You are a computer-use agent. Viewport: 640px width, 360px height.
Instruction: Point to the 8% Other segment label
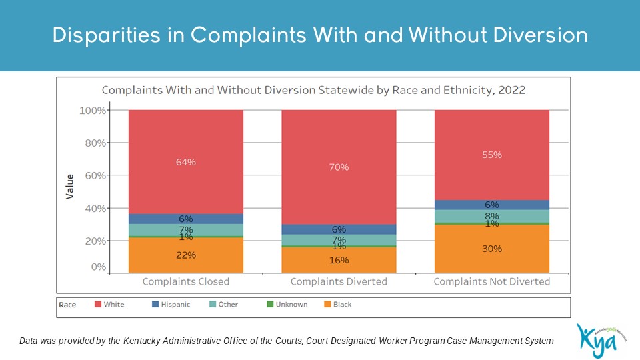point(492,216)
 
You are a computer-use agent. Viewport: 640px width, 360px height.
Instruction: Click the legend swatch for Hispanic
point(155,305)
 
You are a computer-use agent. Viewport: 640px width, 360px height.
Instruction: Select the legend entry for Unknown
point(289,305)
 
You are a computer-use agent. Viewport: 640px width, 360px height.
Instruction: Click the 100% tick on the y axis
point(93,110)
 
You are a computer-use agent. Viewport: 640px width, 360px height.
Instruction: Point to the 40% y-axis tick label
point(93,208)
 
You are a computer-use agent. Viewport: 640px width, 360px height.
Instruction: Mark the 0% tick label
point(97,267)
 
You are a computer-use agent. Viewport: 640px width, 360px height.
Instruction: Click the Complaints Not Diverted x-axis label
point(492,281)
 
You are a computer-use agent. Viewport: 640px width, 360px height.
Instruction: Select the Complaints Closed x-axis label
point(186,281)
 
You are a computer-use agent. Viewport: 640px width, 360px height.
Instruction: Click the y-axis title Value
point(70,186)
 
